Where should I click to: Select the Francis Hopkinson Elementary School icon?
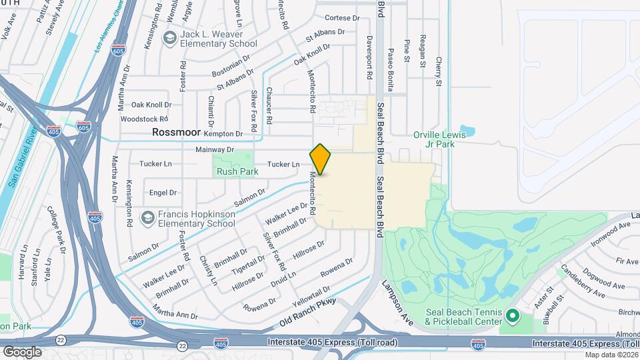point(147,217)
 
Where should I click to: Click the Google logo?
point(22,351)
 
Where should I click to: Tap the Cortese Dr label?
point(341,19)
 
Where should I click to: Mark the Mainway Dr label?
point(215,150)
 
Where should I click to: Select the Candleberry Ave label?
point(582,281)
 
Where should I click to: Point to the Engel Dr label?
point(163,193)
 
